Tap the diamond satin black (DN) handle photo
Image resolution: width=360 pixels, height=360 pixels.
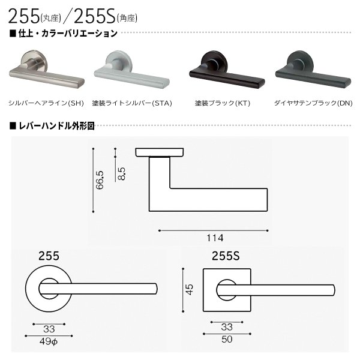(x=312, y=72)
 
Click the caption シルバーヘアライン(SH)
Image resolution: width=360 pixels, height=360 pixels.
(x=46, y=103)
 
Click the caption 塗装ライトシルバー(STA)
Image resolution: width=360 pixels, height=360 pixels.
(x=133, y=103)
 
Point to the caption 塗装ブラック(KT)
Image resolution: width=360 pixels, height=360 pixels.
(x=223, y=103)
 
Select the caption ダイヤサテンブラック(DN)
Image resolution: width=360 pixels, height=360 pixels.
(x=313, y=103)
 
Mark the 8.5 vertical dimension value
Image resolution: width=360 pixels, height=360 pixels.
(x=122, y=163)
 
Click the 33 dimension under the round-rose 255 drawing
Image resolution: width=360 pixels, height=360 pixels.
(x=49, y=329)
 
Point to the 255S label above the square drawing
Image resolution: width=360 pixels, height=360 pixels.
(x=226, y=255)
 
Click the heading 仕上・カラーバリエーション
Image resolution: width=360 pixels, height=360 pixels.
(x=67, y=33)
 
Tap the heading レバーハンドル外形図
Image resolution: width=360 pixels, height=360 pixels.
(x=58, y=127)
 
